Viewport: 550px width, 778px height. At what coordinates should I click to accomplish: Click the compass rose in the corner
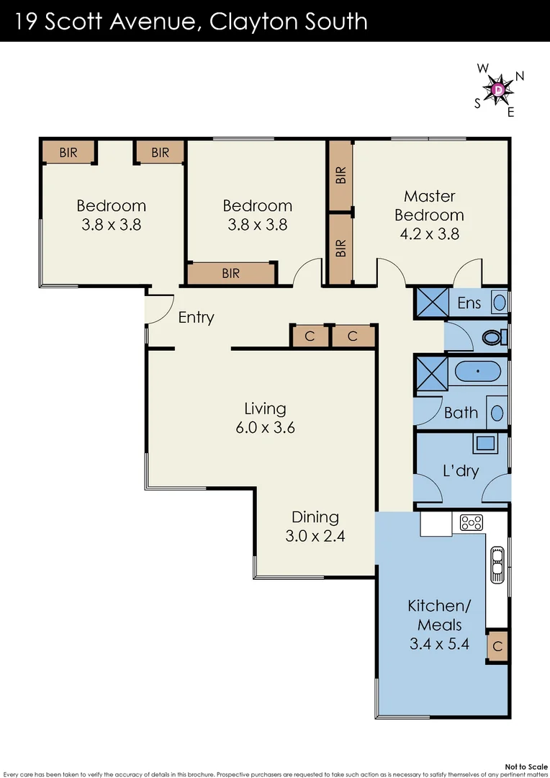[x=498, y=89]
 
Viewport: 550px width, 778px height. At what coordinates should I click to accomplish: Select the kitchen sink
[x=497, y=563]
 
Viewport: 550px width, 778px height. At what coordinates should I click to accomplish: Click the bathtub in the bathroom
[x=477, y=372]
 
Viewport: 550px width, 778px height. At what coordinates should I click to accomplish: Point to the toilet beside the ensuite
[x=493, y=337]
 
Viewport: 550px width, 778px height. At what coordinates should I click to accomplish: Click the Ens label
[x=469, y=303]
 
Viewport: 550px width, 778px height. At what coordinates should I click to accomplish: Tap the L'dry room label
[x=461, y=472]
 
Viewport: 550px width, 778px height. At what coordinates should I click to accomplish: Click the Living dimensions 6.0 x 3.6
[x=265, y=427]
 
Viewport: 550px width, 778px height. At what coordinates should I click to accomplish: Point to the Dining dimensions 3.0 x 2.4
[x=315, y=536]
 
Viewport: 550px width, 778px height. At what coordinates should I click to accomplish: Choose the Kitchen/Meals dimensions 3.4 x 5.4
[x=439, y=644]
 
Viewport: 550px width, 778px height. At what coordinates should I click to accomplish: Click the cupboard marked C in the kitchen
[x=497, y=646]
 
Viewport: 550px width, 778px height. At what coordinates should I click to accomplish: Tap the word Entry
[x=196, y=317]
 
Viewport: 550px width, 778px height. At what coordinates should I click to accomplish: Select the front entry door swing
[x=158, y=308]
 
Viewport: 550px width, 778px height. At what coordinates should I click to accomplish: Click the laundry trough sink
[x=483, y=442]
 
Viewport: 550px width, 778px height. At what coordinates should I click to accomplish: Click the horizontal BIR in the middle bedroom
[x=230, y=274]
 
